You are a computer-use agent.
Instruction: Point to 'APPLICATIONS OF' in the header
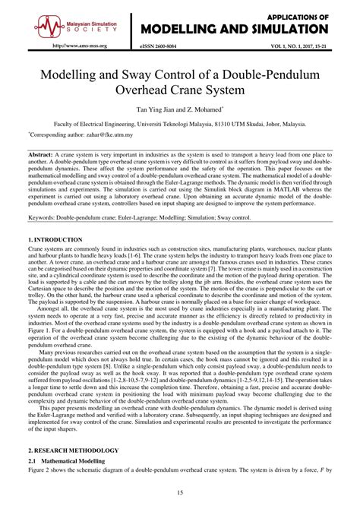[x=297, y=15]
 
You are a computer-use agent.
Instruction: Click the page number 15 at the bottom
[x=180, y=493]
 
